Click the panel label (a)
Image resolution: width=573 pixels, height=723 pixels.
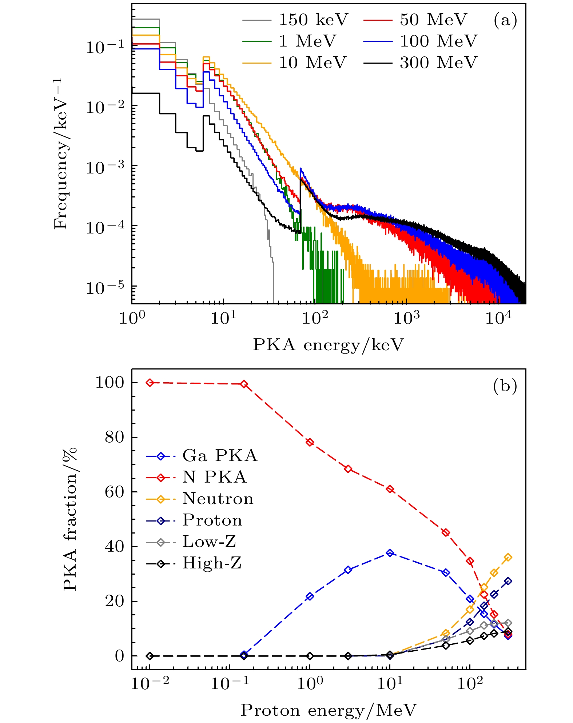[x=505, y=20]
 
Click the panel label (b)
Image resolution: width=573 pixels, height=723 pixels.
[x=505, y=386]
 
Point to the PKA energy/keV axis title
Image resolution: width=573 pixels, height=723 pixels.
[x=329, y=344]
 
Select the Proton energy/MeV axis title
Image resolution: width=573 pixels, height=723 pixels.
[x=329, y=710]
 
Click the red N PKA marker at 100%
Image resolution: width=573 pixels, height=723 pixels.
[x=150, y=383]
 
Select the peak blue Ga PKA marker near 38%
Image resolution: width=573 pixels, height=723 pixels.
[x=390, y=553]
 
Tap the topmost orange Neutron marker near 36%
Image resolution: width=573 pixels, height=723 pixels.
[x=508, y=558]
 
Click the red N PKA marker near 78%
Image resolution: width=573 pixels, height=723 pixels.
[x=310, y=442]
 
